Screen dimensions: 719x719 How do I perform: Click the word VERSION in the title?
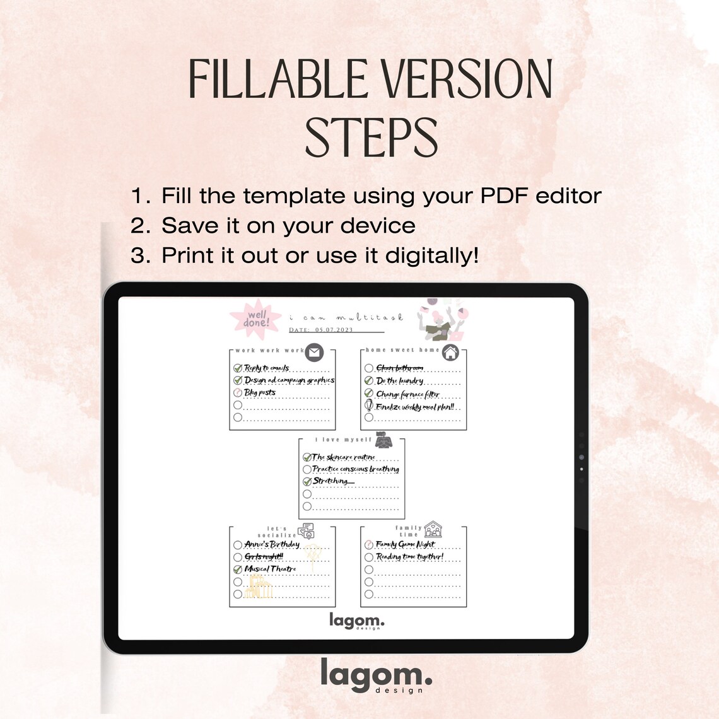click(x=467, y=80)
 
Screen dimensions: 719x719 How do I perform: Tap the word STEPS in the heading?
click(x=371, y=137)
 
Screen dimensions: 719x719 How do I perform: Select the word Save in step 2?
click(x=189, y=226)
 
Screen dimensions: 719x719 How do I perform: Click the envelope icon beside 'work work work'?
click(x=314, y=353)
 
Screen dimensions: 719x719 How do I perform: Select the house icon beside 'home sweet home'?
click(x=450, y=353)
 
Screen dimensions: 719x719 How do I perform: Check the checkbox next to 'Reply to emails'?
click(x=238, y=368)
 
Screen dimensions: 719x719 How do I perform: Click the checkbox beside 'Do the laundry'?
click(x=369, y=381)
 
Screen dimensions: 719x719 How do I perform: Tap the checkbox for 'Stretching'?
click(x=307, y=481)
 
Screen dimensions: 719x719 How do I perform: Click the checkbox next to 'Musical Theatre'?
click(x=238, y=570)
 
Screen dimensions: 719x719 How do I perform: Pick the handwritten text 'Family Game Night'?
click(x=406, y=544)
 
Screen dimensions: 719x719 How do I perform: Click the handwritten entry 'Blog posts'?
click(x=260, y=392)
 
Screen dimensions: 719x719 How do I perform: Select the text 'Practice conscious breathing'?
click(x=356, y=469)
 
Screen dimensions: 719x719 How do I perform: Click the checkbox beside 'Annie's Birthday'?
click(x=238, y=545)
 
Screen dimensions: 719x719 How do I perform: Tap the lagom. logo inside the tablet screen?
click(x=356, y=621)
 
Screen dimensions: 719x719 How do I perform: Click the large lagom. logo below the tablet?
click(x=376, y=675)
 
